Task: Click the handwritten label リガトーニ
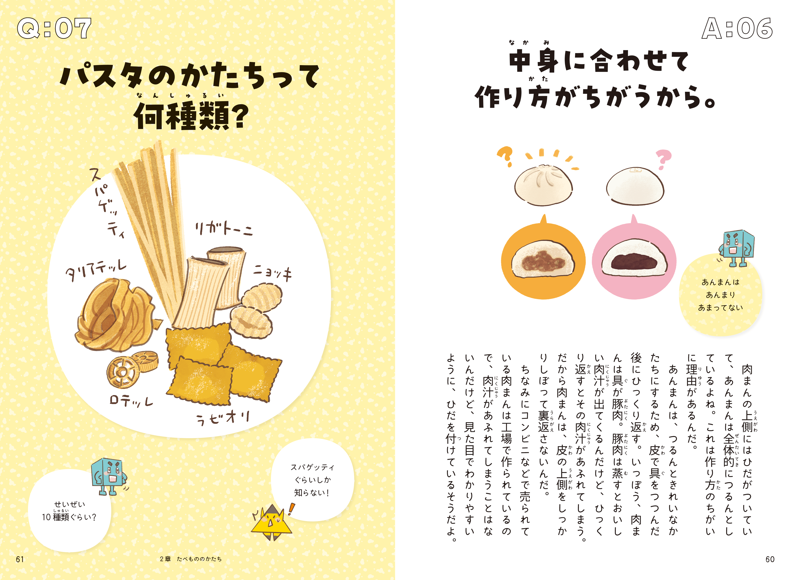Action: (x=224, y=228)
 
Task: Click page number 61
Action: (x=20, y=559)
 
